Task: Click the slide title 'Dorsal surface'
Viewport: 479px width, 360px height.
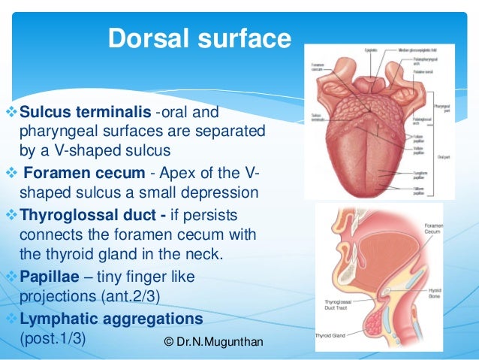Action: point(199,38)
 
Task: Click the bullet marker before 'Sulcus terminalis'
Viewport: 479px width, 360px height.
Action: point(10,113)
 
